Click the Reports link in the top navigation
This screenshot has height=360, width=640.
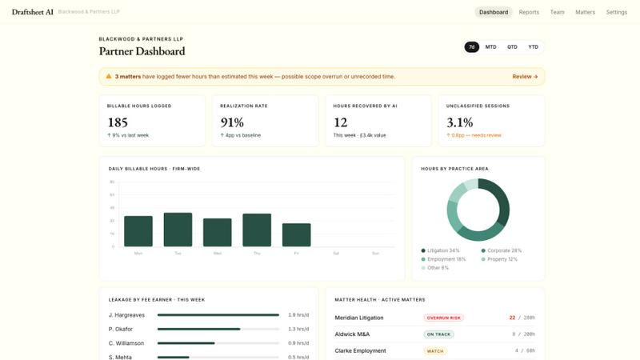click(529, 12)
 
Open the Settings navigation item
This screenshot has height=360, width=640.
click(616, 12)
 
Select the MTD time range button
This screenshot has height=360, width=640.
click(490, 47)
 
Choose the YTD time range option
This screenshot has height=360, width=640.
click(533, 47)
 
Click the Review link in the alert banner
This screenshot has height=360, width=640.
click(525, 77)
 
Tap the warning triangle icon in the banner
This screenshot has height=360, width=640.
click(109, 77)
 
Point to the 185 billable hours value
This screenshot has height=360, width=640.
click(118, 122)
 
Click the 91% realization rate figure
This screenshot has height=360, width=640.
click(232, 122)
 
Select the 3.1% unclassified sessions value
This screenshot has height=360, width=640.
click(459, 122)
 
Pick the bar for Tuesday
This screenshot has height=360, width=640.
click(178, 230)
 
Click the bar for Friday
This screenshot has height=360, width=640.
click(296, 234)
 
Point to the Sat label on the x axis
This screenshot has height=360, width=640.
click(336, 253)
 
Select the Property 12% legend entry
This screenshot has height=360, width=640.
click(499, 259)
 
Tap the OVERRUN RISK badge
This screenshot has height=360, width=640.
click(443, 318)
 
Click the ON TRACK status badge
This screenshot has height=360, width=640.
click(439, 334)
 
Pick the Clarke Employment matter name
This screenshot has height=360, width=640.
click(360, 350)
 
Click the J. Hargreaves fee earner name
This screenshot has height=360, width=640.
click(126, 314)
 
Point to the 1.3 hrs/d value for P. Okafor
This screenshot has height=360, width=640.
click(298, 329)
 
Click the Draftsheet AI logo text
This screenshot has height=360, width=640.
click(32, 12)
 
